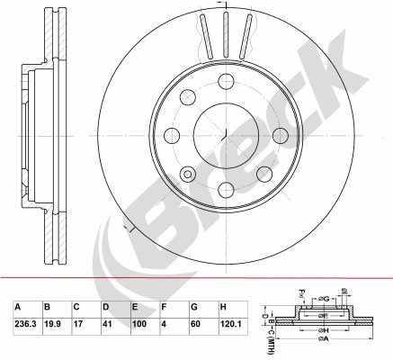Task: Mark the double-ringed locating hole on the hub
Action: coord(188,174)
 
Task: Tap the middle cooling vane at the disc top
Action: coord(225,34)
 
